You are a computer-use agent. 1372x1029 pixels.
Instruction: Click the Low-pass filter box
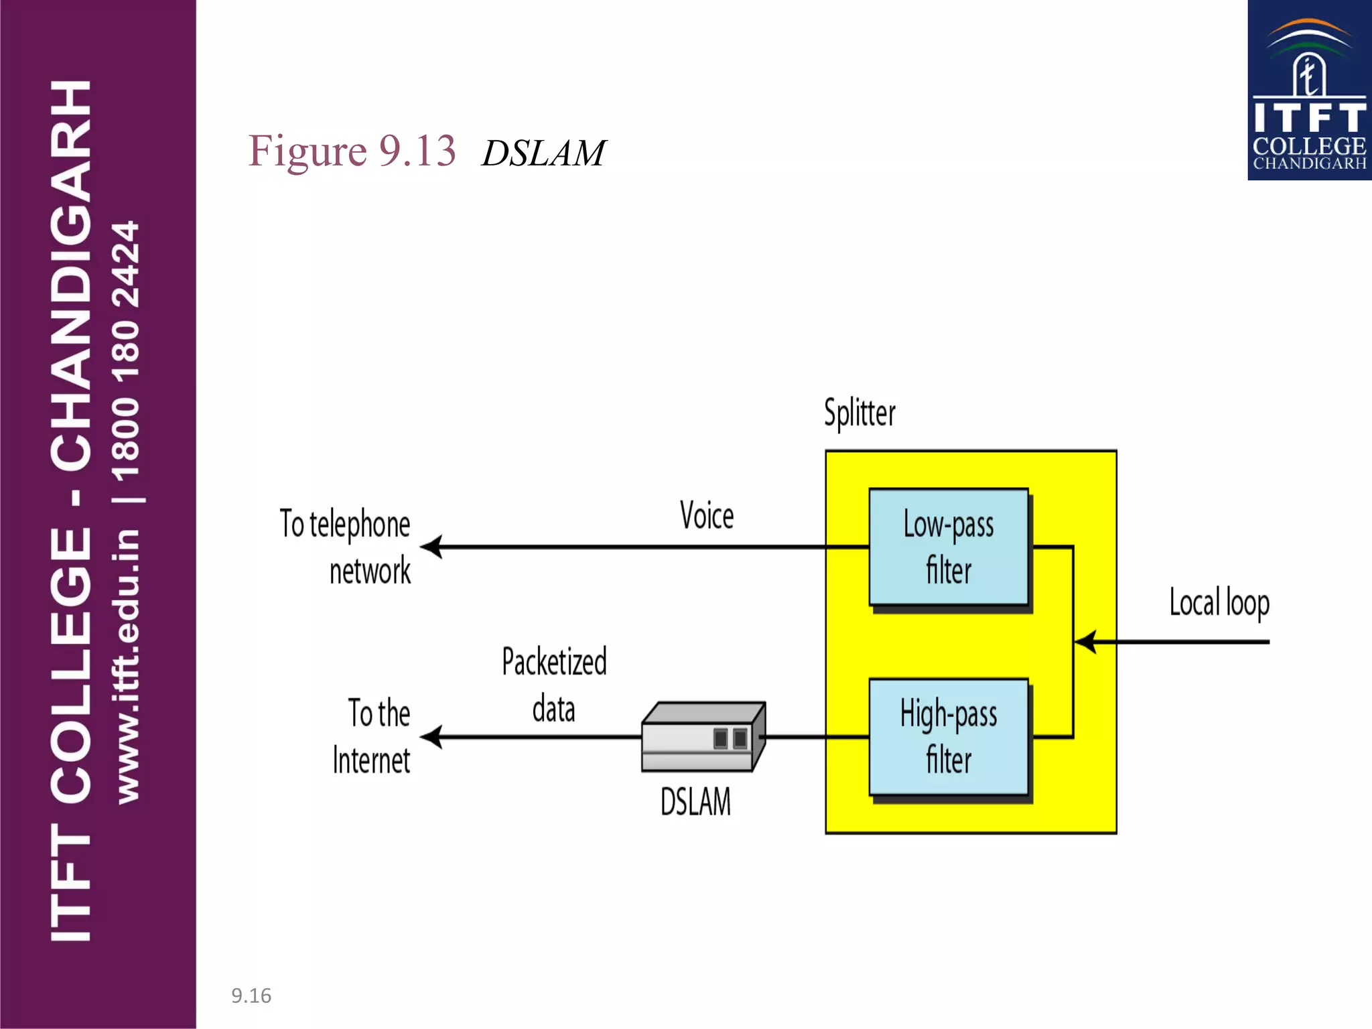(948, 547)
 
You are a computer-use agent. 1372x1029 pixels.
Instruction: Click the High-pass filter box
(948, 737)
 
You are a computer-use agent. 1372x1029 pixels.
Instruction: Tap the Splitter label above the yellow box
(860, 413)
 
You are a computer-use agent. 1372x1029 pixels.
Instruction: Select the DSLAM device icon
(702, 737)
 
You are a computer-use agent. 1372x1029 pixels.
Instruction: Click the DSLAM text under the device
(695, 801)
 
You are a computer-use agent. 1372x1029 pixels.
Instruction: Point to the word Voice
(707, 516)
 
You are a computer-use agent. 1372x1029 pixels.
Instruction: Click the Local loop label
(1219, 602)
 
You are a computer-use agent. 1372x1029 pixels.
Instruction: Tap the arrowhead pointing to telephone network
(431, 547)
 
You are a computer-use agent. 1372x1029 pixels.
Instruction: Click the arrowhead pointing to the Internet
(431, 737)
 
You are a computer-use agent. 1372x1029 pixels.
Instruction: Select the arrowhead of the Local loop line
(1085, 642)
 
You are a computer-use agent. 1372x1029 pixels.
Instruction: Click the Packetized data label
(554, 685)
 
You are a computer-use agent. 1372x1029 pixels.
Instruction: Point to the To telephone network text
(345, 547)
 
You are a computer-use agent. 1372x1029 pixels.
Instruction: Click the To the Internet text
(372, 736)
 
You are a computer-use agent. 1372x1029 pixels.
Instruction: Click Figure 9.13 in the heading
(352, 151)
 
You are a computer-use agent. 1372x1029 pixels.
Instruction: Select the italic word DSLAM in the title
(543, 153)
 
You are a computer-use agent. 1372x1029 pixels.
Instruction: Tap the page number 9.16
(251, 996)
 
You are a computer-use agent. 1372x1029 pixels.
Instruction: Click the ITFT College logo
(1309, 90)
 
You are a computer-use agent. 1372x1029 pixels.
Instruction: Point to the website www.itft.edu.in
(127, 666)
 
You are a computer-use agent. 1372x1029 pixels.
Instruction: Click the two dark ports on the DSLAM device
(730, 738)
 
